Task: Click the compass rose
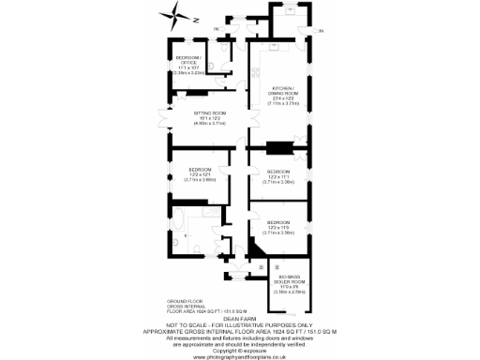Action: pos(174,14)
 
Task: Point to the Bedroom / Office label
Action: pos(190,66)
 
